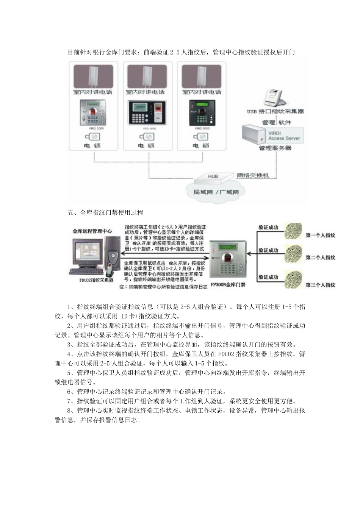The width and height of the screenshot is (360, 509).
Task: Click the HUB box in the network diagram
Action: pyautogui.click(x=213, y=176)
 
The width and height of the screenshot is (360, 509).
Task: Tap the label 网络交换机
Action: pyautogui.click(x=253, y=175)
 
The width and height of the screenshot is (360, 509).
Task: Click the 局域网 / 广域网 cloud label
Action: pyautogui.click(x=216, y=192)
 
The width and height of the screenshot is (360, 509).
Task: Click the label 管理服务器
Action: pyautogui.click(x=275, y=148)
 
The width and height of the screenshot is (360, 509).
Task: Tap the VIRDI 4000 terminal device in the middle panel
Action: pyautogui.click(x=146, y=112)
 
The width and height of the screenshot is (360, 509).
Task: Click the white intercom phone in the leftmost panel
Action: pyautogui.click(x=93, y=76)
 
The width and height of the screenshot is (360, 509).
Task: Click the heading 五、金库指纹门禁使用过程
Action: pyautogui.click(x=105, y=212)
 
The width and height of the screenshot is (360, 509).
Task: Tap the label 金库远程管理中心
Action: pyautogui.click(x=92, y=231)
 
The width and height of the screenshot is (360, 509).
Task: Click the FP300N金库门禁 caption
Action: pyautogui.click(x=228, y=285)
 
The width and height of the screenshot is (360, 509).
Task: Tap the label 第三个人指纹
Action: pyautogui.click(x=320, y=285)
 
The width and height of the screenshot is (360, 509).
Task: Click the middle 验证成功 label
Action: pyautogui.click(x=268, y=250)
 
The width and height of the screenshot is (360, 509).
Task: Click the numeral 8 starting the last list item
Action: pyautogui.click(x=69, y=411)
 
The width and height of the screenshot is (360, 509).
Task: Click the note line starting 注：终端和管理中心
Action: pyautogui.click(x=163, y=287)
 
